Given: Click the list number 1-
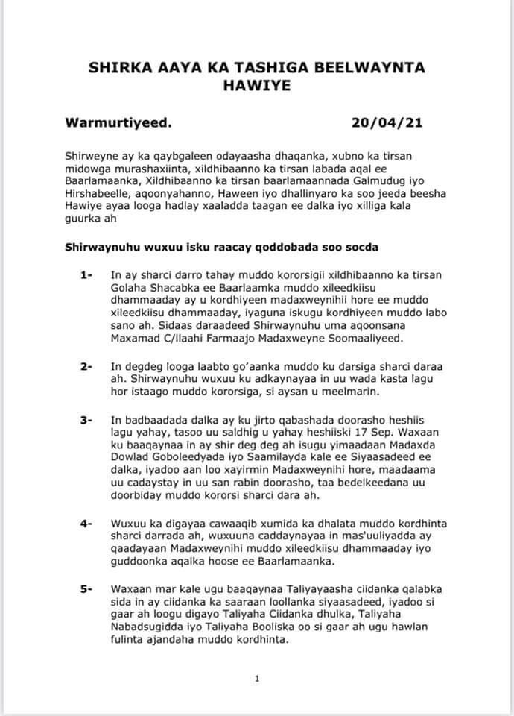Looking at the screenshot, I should pyautogui.click(x=87, y=275).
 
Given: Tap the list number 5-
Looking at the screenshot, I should pyautogui.click(x=87, y=589).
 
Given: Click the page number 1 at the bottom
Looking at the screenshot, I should pyautogui.click(x=256, y=678).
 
